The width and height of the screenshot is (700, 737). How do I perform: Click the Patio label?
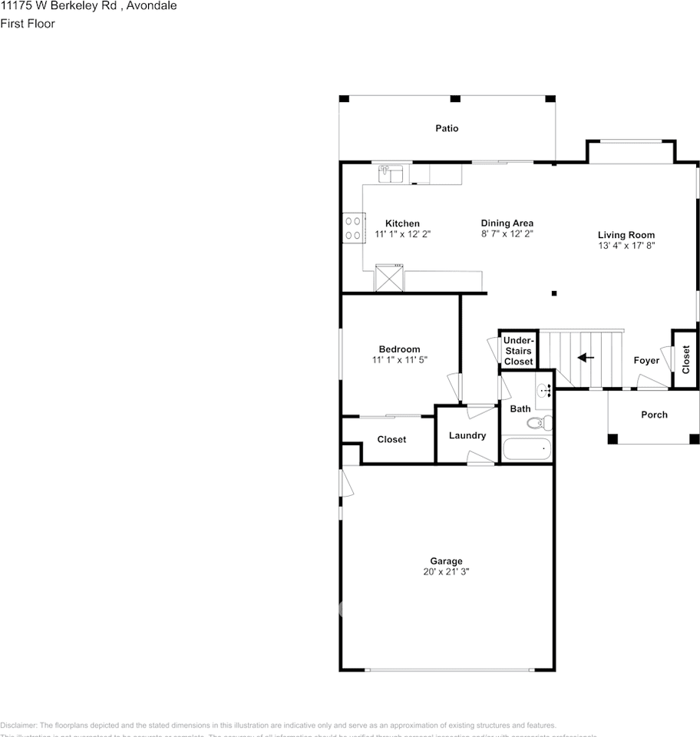447,128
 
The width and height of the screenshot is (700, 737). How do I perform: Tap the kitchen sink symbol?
391,174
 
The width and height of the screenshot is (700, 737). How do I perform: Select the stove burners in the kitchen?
353,228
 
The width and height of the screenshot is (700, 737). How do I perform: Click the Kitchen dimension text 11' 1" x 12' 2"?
402,234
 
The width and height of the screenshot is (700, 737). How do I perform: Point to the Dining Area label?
507,223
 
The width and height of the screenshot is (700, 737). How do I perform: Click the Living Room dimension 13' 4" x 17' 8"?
626,246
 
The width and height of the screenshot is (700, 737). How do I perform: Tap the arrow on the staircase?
586,358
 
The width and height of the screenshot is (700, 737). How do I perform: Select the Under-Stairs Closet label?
518,351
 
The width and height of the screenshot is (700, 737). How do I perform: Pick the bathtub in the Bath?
527,448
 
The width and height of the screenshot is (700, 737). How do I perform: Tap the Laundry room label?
467,435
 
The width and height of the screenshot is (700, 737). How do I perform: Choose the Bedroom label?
399,349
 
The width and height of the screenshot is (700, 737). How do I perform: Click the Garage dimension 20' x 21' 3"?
446,572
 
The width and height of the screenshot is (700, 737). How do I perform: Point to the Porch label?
654,415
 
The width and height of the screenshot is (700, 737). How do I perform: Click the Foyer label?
646,360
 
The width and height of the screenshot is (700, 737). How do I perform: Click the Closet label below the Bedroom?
391,439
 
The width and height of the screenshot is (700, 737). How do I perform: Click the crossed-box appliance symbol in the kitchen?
389,277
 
